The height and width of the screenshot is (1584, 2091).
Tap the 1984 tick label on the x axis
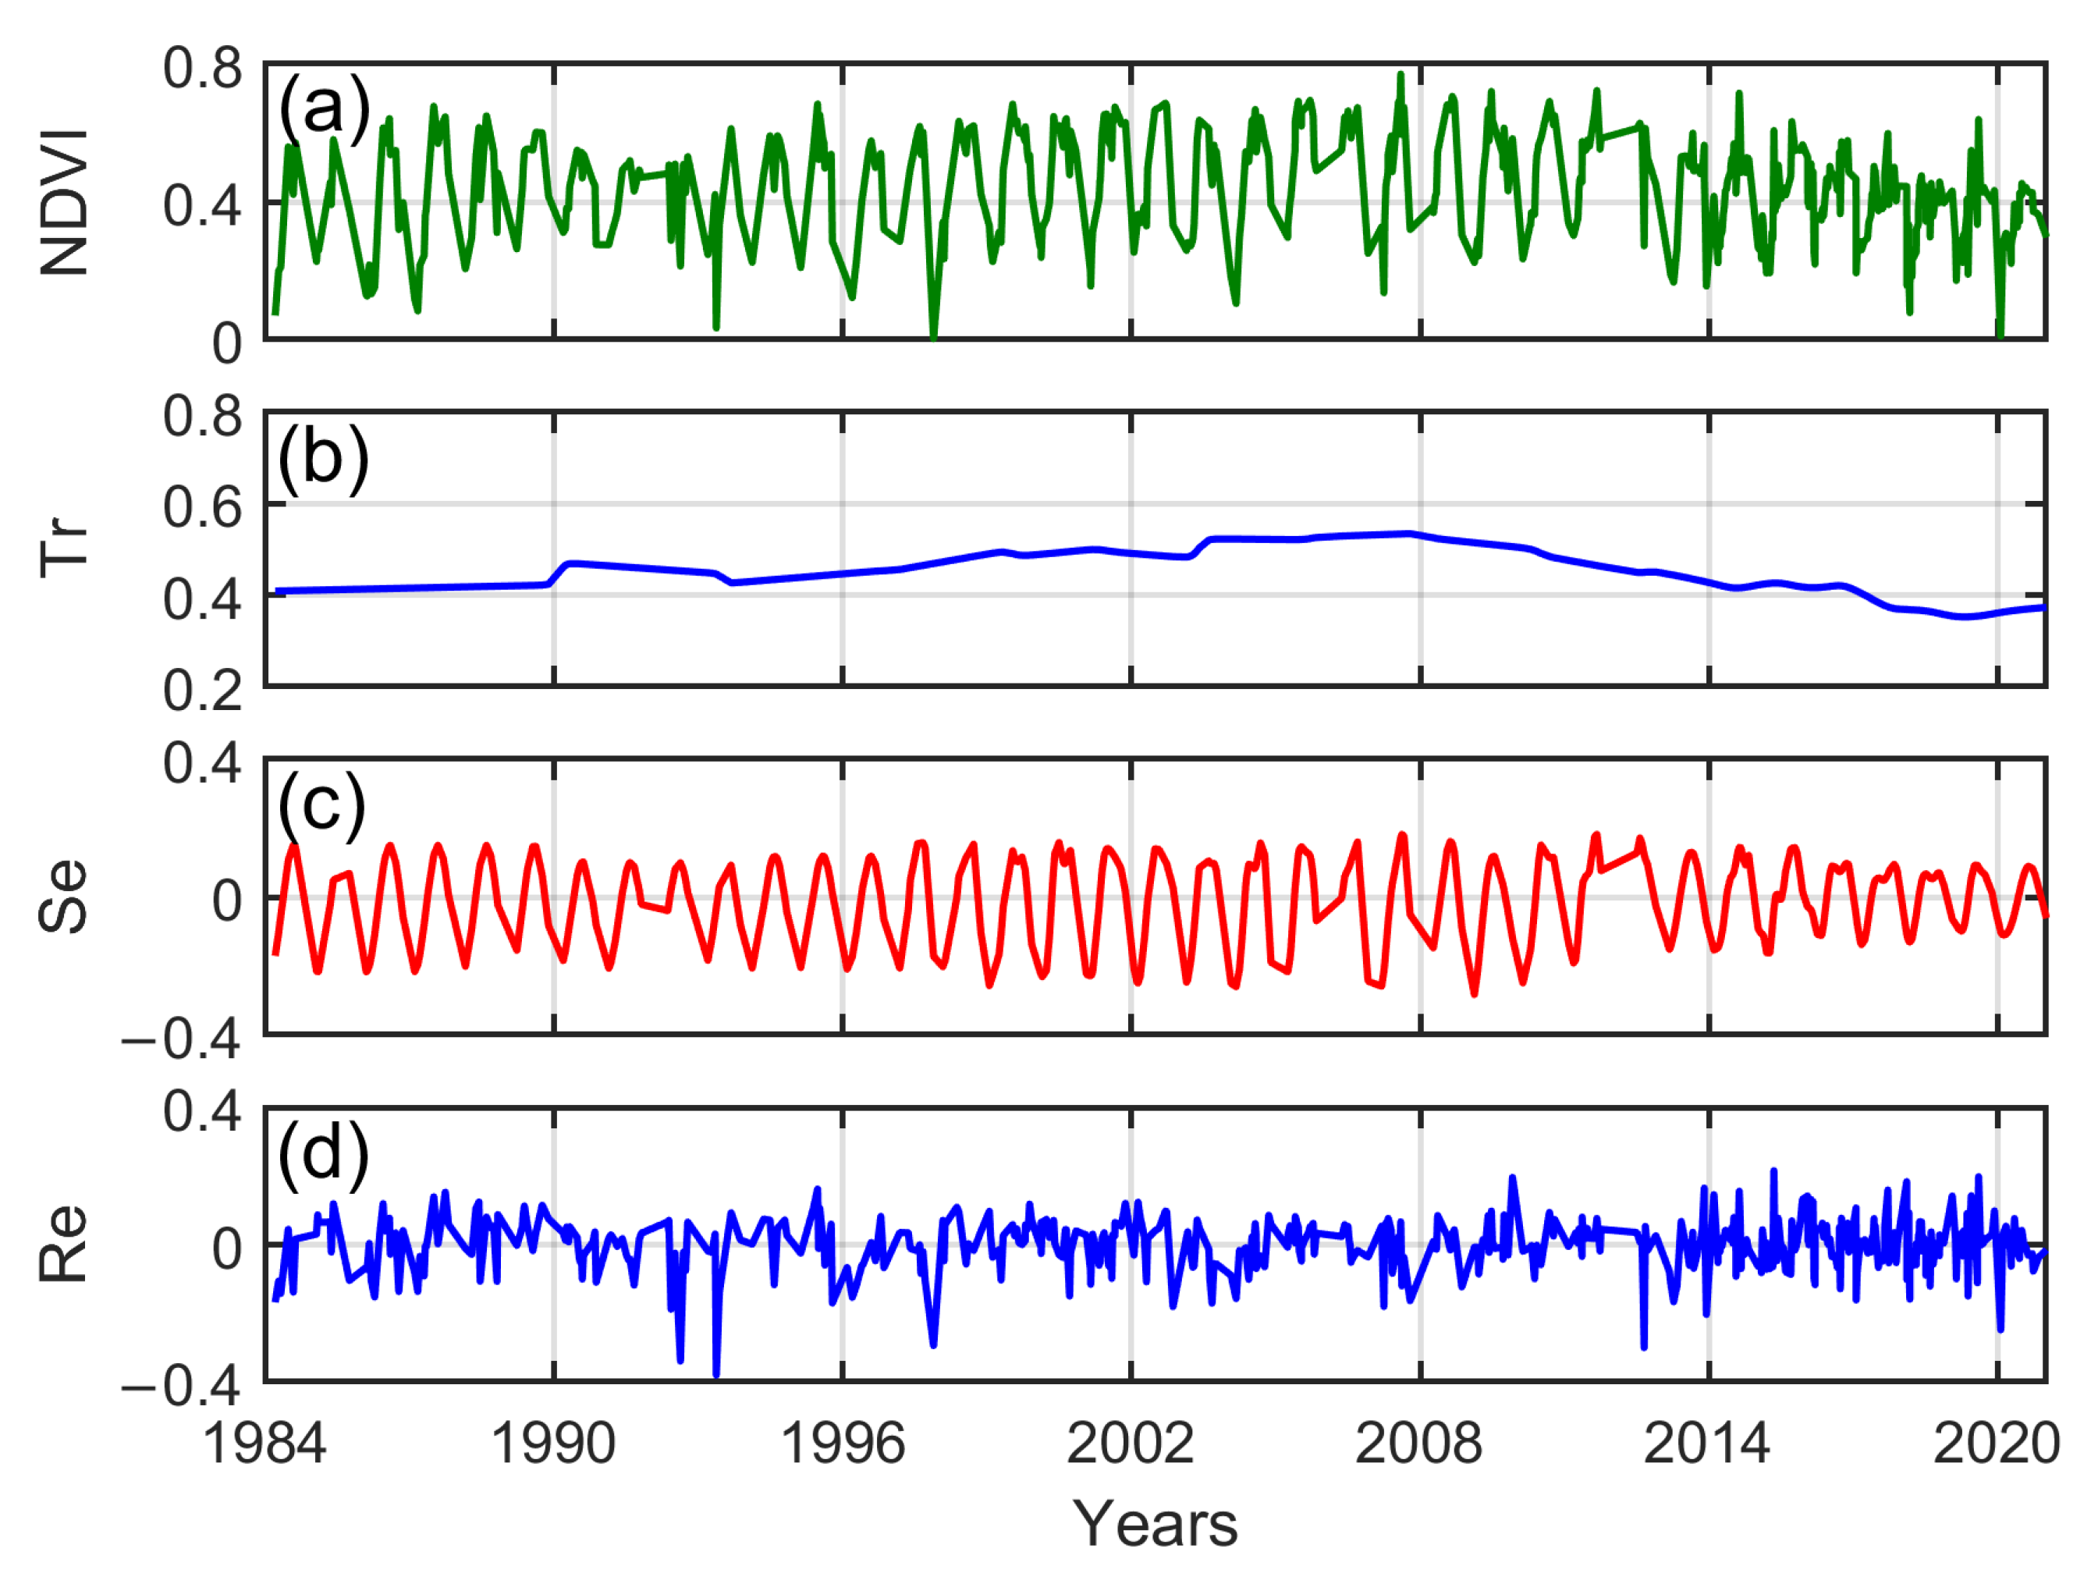(x=264, y=1444)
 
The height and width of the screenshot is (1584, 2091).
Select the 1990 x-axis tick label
(x=554, y=1444)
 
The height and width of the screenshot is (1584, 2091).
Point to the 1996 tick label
(x=843, y=1444)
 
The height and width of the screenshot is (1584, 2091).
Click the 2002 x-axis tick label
(x=1131, y=1444)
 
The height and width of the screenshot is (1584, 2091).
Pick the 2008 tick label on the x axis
(x=1419, y=1444)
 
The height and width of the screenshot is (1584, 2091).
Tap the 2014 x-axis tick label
(x=1707, y=1444)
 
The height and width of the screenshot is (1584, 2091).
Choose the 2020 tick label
(x=1997, y=1444)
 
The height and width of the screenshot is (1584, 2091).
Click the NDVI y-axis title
(x=64, y=202)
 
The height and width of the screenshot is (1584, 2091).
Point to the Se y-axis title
(x=64, y=897)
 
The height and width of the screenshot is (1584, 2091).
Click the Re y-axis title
(x=64, y=1244)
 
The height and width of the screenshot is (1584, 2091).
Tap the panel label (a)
(x=323, y=108)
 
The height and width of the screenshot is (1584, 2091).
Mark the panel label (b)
(x=323, y=457)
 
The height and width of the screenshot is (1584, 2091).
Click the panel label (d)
(x=323, y=1154)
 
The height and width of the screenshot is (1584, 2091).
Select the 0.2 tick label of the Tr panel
(x=202, y=691)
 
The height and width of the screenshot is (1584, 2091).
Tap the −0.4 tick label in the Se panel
(x=182, y=1039)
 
